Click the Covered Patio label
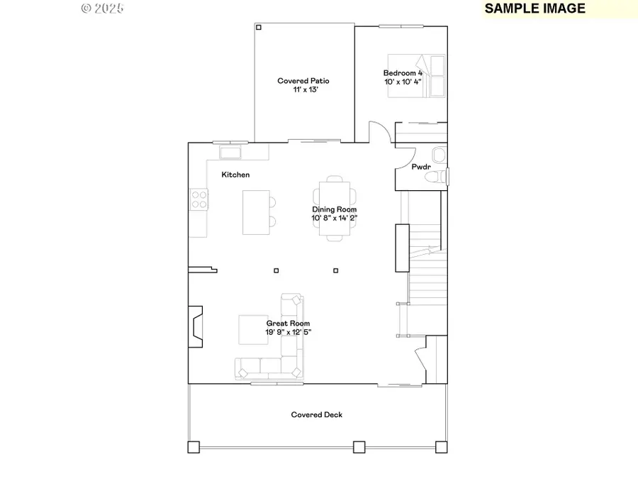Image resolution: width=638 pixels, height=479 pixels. point(303,81)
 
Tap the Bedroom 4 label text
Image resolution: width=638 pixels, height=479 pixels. point(403,73)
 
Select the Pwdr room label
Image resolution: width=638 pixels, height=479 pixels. point(421,167)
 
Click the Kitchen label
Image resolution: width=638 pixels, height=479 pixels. point(235,175)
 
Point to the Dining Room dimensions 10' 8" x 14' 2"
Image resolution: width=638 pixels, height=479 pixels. point(334,219)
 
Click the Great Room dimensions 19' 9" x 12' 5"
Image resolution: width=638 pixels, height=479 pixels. point(288,331)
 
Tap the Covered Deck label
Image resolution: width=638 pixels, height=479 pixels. point(316,414)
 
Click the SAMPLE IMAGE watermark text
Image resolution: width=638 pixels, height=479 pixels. point(535,9)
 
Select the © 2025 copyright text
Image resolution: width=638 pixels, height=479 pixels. point(103,9)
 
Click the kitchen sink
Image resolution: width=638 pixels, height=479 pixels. point(230,152)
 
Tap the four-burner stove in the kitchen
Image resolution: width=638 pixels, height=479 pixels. point(198,199)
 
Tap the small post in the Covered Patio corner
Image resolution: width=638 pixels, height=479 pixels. point(259,28)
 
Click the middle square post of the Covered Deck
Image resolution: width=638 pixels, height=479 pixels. point(359,447)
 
